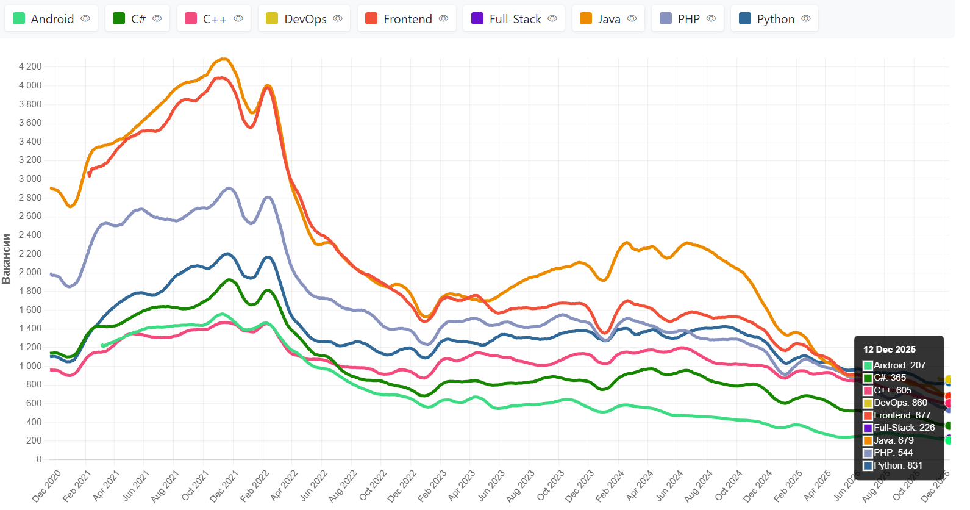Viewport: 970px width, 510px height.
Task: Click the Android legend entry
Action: tap(51, 19)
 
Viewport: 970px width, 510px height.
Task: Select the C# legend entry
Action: tap(138, 19)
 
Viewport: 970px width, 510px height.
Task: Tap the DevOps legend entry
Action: tap(304, 19)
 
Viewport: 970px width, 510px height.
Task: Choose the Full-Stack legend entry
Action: tap(514, 19)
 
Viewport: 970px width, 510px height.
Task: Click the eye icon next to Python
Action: tap(806, 19)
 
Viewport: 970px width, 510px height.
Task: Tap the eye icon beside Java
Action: tap(632, 19)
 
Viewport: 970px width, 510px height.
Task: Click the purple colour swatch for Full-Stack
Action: tap(477, 19)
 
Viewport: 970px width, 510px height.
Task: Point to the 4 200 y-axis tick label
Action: tap(30, 66)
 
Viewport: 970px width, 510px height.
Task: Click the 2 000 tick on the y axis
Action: tap(30, 272)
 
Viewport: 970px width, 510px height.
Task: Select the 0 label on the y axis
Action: tap(39, 459)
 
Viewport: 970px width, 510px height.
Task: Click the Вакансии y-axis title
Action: tap(7, 259)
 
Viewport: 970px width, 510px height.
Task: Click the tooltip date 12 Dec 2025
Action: tap(889, 350)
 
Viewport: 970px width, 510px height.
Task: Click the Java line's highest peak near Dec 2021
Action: tap(225, 59)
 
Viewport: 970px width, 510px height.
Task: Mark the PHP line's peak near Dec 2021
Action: tap(229, 188)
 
